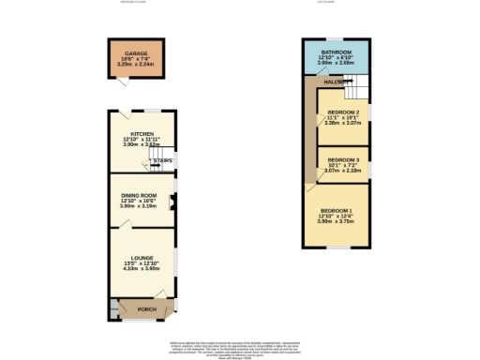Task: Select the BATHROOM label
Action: (336, 52)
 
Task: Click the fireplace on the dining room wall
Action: (171, 202)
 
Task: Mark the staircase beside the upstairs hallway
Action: (353, 90)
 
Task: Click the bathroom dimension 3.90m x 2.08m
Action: (336, 64)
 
